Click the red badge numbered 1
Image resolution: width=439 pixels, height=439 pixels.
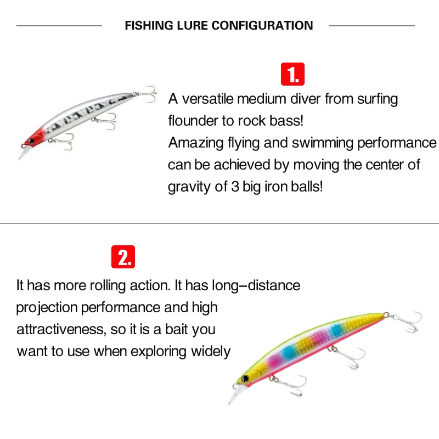point(292,74)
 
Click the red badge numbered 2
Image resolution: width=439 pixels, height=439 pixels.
point(123,256)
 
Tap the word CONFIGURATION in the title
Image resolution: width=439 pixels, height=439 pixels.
point(262,26)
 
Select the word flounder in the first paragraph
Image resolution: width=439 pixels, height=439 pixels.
point(193,121)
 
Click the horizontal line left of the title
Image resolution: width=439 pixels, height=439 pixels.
point(59,26)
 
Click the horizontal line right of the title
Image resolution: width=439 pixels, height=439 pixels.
point(372,26)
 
